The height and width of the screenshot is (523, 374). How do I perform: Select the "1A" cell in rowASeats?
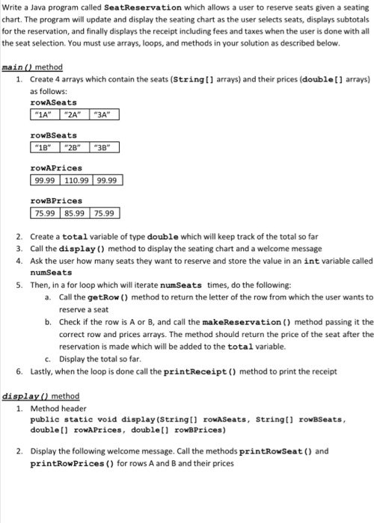(x=44, y=115)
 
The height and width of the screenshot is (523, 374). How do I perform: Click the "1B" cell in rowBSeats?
(x=44, y=148)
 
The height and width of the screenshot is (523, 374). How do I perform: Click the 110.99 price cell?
(x=81, y=181)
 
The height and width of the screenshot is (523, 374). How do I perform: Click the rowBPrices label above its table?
(x=55, y=201)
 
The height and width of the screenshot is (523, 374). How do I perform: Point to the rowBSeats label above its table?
(x=53, y=135)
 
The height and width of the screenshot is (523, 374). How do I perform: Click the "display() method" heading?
(x=41, y=397)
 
